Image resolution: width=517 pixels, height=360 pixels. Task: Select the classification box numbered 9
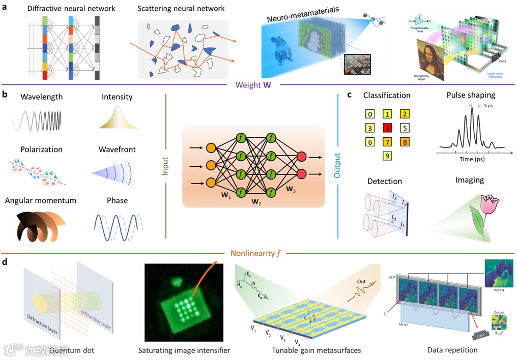(x=387, y=156)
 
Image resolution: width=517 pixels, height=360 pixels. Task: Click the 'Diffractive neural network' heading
(x=65, y=8)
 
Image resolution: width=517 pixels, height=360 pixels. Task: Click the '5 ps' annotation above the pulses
(x=486, y=106)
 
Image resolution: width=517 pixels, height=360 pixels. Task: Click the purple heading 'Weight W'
(x=253, y=85)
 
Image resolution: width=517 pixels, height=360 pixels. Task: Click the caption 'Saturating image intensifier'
(x=184, y=350)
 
